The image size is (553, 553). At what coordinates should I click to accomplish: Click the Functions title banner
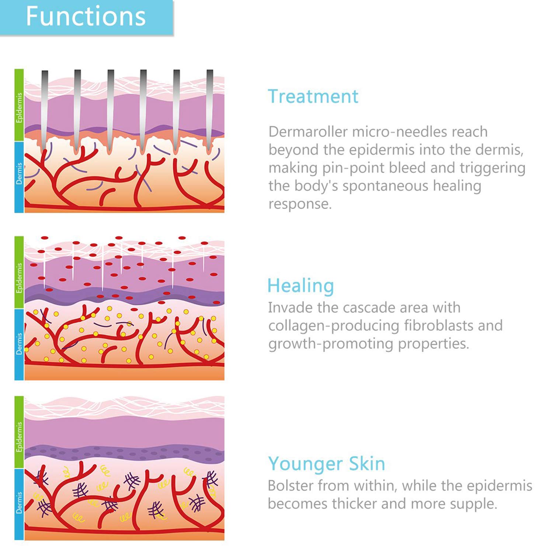coord(86,17)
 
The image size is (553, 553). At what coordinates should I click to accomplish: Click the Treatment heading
coord(313,97)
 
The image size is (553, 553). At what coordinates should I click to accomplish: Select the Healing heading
coord(301,286)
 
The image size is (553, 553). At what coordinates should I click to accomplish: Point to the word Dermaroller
coord(308,132)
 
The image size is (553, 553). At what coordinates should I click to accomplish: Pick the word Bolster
coord(290,486)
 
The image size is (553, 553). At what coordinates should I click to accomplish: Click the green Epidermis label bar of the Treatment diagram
coord(19,105)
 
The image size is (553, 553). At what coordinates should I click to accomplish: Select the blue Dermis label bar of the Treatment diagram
coord(19,177)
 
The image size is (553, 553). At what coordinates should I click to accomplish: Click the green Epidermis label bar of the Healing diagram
coord(19,272)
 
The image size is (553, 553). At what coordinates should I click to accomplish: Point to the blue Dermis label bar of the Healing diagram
coord(19,344)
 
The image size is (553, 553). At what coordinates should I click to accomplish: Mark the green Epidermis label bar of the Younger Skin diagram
coord(19,432)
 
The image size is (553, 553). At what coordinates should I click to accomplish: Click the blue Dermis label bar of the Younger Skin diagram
coord(19,504)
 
